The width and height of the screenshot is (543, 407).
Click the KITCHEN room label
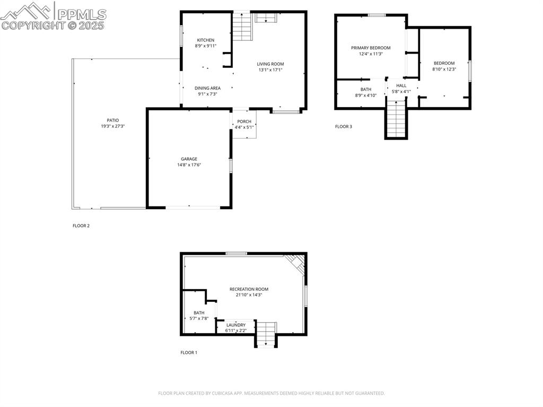pos(206,40)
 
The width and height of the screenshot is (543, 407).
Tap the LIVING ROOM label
pos(270,64)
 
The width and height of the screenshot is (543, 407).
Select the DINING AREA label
pos(207,88)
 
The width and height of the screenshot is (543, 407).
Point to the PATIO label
pos(112,120)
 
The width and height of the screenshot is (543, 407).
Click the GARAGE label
pos(189,159)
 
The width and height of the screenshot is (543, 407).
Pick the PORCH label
pos(244,122)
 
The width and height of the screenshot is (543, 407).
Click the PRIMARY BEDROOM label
pos(371,48)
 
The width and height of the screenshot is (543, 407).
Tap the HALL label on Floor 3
pos(401,85)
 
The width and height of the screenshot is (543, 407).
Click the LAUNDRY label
pos(236,325)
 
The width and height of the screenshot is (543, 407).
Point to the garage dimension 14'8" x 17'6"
pos(189,165)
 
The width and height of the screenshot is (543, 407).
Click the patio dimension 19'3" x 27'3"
pos(112,126)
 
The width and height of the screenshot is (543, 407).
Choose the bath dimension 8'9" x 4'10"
pos(366,96)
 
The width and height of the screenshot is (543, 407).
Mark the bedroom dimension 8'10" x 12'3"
pos(444,69)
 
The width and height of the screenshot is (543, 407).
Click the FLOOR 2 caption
pos(81,226)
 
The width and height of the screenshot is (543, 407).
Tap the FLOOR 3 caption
pos(343,126)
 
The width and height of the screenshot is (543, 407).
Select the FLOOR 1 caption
pos(188,352)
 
